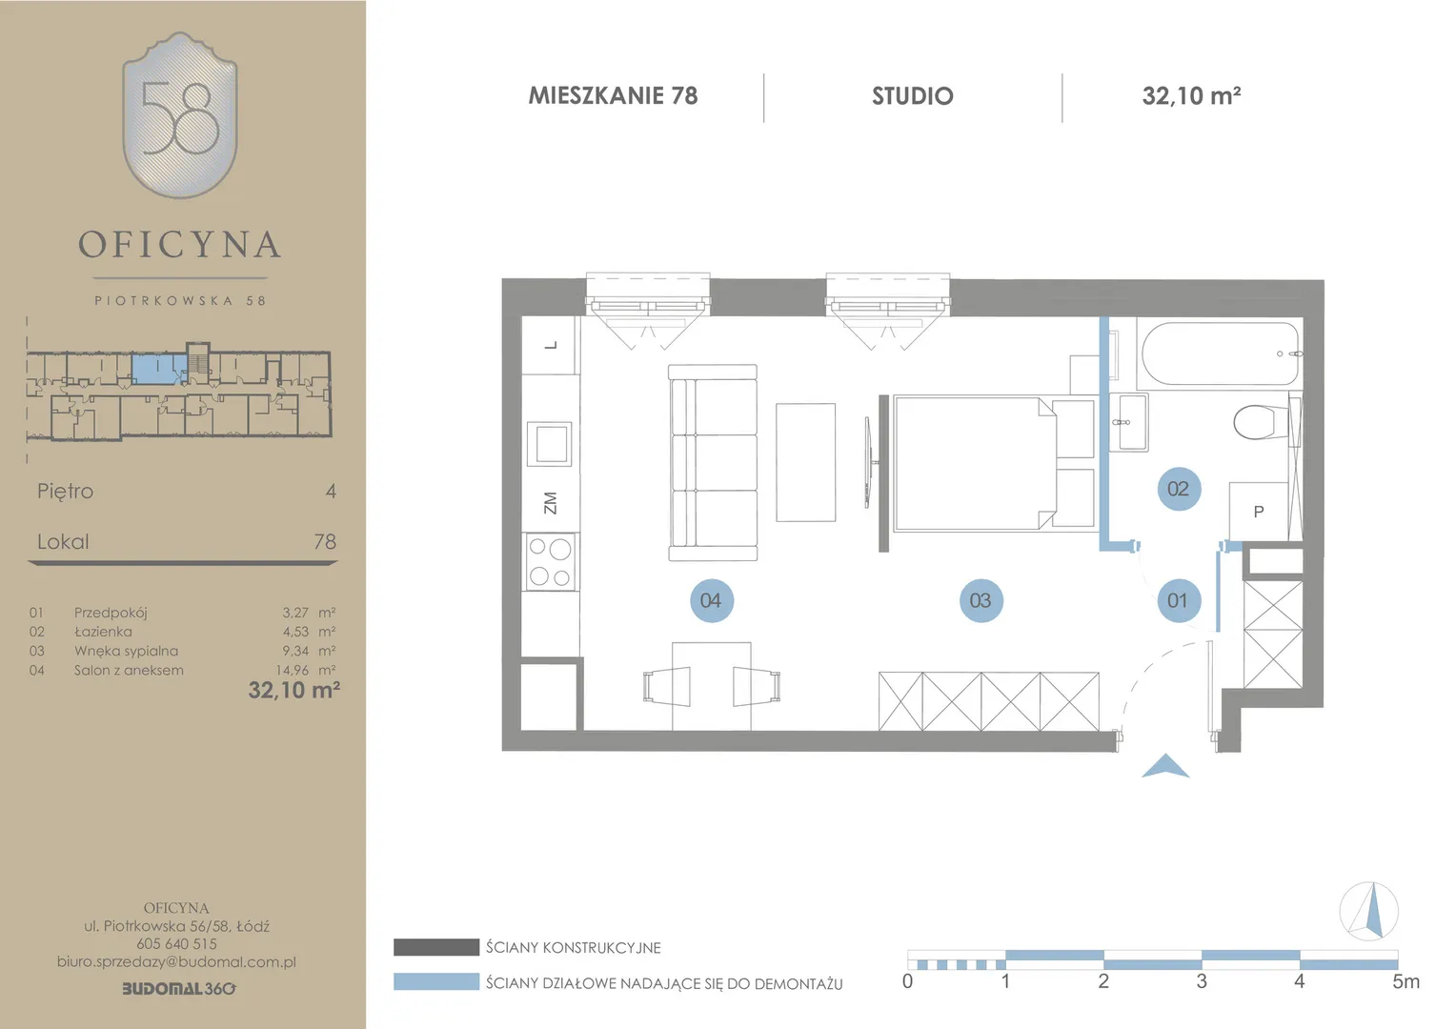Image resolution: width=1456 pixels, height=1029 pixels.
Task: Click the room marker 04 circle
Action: (712, 600)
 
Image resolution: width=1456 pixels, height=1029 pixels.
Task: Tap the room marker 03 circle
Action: (981, 600)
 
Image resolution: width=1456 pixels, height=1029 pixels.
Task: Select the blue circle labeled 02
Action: (1179, 489)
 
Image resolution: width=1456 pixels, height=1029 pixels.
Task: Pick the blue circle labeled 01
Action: (1179, 600)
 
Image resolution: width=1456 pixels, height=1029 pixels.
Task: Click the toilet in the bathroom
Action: (1261, 422)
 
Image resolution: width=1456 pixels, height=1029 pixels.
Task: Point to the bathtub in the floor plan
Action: (1220, 354)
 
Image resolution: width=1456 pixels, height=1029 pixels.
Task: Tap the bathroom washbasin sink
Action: (1129, 422)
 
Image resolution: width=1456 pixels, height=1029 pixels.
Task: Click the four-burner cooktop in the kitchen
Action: (550, 561)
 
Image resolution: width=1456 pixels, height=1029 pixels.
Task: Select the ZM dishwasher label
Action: (550, 503)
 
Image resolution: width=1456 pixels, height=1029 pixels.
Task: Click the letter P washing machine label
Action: (1259, 512)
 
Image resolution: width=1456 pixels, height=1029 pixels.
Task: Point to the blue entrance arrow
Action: (1165, 766)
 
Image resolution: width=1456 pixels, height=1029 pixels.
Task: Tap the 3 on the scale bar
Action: (1202, 981)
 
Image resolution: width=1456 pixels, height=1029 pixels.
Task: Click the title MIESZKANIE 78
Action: (613, 95)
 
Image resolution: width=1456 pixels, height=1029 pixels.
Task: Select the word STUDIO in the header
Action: (913, 96)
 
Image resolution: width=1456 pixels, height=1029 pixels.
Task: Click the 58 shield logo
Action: (180, 115)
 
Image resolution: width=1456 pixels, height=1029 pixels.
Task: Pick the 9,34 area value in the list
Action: (295, 651)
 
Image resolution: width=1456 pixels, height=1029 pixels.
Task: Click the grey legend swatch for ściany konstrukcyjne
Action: (436, 947)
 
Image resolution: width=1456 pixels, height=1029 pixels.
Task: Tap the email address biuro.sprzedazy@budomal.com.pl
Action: (177, 962)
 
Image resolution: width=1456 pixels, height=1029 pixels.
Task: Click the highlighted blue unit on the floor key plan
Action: (158, 370)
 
